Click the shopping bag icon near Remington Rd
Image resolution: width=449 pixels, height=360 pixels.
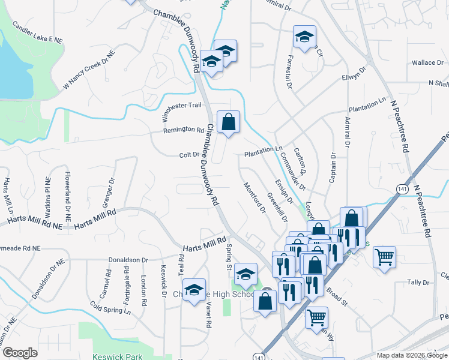228,122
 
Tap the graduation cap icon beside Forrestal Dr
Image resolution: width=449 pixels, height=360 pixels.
304,37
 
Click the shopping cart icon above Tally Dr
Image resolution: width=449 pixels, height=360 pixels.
384,257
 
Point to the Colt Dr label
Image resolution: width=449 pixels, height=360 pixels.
189,155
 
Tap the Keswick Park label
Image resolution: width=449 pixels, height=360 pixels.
118,356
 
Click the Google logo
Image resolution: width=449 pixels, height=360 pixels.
20,353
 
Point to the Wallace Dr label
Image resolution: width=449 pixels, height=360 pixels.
427,62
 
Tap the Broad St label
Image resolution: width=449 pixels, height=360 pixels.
337,296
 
